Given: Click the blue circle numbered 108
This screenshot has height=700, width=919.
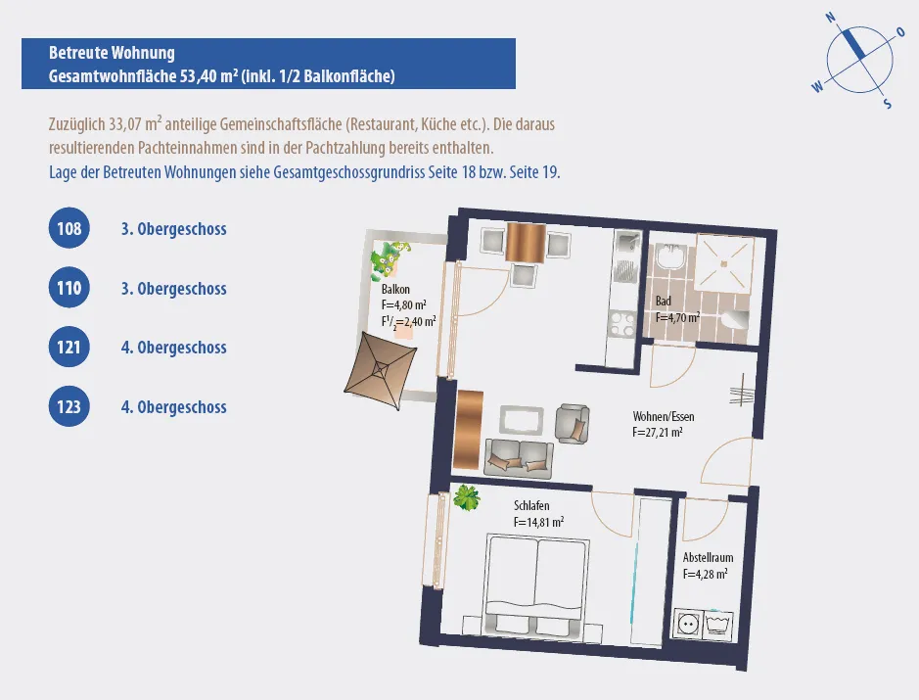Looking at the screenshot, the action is (x=69, y=228).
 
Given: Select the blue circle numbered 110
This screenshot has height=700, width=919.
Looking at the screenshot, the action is (x=69, y=288).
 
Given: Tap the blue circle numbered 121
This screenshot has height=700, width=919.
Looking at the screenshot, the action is (x=69, y=348).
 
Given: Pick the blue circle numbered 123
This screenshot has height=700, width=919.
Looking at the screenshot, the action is (x=69, y=406).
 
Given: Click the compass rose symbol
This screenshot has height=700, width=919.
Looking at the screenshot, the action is (x=859, y=60).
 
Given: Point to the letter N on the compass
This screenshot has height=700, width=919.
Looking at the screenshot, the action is (x=831, y=18).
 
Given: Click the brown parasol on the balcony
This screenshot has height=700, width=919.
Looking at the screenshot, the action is (x=381, y=372).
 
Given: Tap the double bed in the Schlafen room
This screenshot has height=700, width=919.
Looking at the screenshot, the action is (x=536, y=586).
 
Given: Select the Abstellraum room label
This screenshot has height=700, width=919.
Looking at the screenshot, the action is (x=708, y=557).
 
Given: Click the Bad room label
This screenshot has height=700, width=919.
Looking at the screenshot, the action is (x=663, y=301).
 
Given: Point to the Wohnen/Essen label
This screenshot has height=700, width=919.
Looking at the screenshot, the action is (x=664, y=416).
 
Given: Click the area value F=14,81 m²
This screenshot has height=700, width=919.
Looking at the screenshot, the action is (x=538, y=521).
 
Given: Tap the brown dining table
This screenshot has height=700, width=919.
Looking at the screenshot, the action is (x=526, y=242).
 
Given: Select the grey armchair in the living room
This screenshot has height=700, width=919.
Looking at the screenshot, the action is (x=573, y=423).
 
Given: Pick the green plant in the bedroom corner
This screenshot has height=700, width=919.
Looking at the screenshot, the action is (x=467, y=497).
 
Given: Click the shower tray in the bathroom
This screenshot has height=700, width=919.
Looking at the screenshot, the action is (x=724, y=262).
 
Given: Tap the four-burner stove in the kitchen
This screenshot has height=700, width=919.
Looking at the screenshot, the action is (x=621, y=325).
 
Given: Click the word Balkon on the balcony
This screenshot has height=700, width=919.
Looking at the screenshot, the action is (x=395, y=289).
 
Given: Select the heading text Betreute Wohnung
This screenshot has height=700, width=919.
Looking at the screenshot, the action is (x=112, y=53).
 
